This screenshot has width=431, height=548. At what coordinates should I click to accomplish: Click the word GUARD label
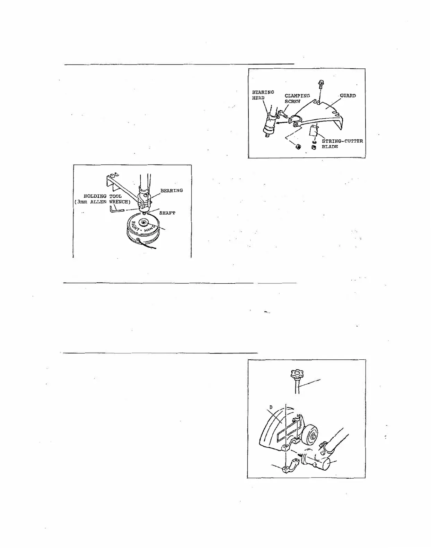point(348,96)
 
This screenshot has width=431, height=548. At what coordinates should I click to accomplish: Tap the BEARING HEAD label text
point(263,95)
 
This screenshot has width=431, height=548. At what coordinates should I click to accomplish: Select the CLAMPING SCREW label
point(297,99)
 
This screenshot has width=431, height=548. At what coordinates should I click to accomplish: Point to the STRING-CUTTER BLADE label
point(342,144)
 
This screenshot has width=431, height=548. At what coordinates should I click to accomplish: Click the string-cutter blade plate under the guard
point(313,132)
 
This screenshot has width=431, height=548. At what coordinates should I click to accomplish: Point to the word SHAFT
point(167,213)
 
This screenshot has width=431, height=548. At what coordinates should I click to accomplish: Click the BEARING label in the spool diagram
point(171,190)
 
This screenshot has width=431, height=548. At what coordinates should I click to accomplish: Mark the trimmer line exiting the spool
point(149,245)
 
